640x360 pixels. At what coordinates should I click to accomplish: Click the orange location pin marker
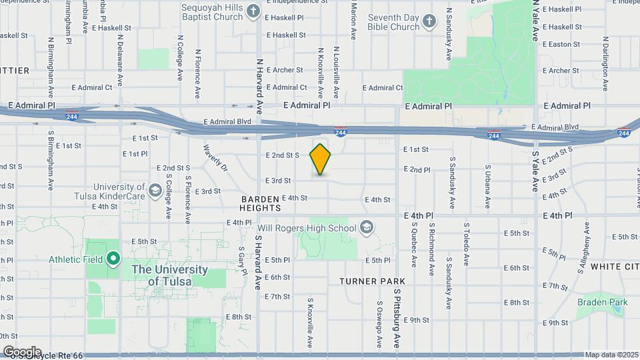click(x=321, y=159)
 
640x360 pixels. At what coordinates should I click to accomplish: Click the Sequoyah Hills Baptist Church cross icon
click(x=253, y=11)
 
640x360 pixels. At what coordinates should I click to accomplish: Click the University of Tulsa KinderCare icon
click(x=155, y=191)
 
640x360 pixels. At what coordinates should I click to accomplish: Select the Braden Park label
click(x=603, y=302)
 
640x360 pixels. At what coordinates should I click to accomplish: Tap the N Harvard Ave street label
click(x=260, y=77)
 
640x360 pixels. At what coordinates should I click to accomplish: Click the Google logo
click(x=22, y=351)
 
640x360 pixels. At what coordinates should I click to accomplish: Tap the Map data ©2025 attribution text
click(x=611, y=355)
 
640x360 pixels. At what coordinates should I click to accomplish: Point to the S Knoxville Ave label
click(x=310, y=323)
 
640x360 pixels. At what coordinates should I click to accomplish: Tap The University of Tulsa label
click(x=170, y=275)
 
